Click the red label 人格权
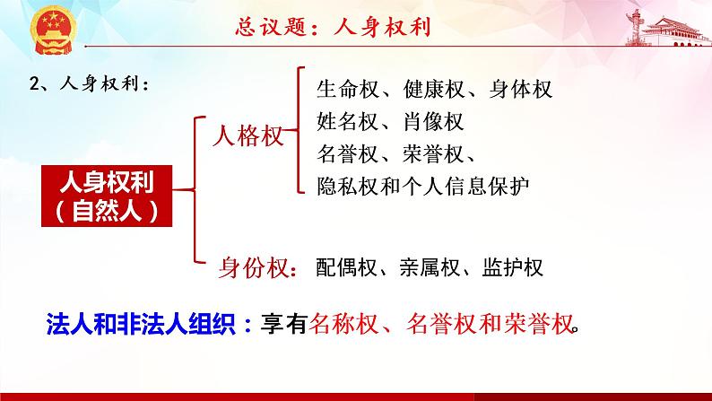click(x=247, y=136)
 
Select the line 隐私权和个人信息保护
click(x=424, y=185)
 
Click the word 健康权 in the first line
click(x=432, y=90)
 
